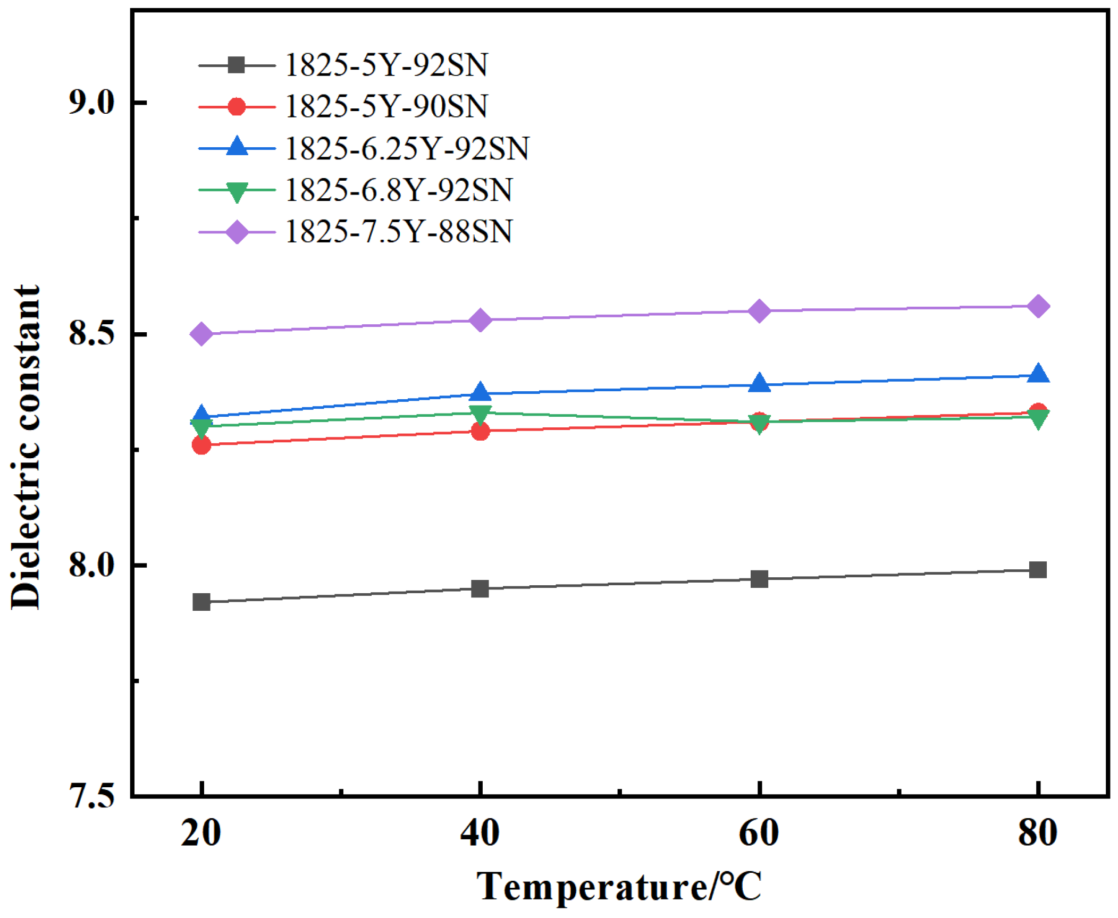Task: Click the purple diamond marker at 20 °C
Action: pos(201,334)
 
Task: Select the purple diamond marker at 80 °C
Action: pos(1037,306)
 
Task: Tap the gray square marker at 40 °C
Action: pos(480,588)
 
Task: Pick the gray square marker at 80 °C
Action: pos(1037,570)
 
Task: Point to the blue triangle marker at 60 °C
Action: pos(759,383)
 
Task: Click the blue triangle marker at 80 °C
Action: pos(1037,374)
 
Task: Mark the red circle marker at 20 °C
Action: pos(201,444)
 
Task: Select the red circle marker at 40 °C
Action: pos(480,431)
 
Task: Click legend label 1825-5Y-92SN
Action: pos(386,65)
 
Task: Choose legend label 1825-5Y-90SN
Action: pos(386,106)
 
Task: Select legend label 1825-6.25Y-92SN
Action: pos(407,148)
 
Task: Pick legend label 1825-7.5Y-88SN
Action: pos(398,232)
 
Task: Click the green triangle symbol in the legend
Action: pos(237,191)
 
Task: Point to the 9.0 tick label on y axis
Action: pos(91,102)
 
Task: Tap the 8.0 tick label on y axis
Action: pos(91,565)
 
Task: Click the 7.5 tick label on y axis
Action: pos(91,796)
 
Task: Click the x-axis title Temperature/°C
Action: pos(619,887)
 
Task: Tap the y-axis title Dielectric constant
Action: pos(25,447)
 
